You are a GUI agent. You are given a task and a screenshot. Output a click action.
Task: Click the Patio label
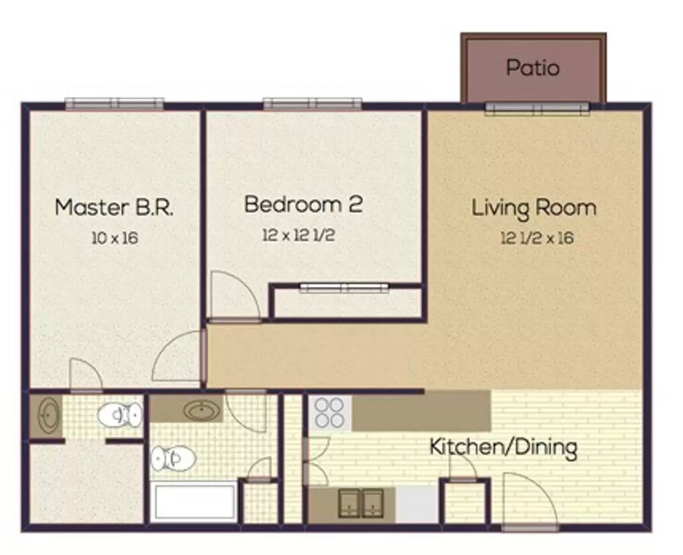pyautogui.click(x=533, y=68)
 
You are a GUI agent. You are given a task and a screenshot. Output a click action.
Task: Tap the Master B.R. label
pyautogui.click(x=114, y=208)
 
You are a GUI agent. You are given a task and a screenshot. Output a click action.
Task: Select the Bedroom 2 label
pyautogui.click(x=303, y=204)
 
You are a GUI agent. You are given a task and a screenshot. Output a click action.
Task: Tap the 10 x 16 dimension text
pyautogui.click(x=115, y=238)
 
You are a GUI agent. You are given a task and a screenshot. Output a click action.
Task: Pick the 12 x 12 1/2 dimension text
pyautogui.click(x=298, y=235)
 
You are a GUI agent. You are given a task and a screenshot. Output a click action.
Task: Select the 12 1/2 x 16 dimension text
pyautogui.click(x=537, y=238)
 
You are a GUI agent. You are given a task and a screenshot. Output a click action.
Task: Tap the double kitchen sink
pyautogui.click(x=361, y=503)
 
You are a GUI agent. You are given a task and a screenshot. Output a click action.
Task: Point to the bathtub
pyautogui.click(x=194, y=502)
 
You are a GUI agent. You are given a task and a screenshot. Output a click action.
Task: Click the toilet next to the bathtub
pyautogui.click(x=173, y=459)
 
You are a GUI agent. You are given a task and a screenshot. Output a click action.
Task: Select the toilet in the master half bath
pyautogui.click(x=120, y=415)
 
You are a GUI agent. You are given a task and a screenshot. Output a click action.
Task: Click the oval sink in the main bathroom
pyautogui.click(x=202, y=409)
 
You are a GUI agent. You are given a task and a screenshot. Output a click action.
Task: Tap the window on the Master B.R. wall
pyautogui.click(x=115, y=104)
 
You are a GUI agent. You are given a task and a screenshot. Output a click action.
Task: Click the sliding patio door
pyautogui.click(x=537, y=109)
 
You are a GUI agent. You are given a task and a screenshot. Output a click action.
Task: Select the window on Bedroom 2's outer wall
pyautogui.click(x=313, y=104)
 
